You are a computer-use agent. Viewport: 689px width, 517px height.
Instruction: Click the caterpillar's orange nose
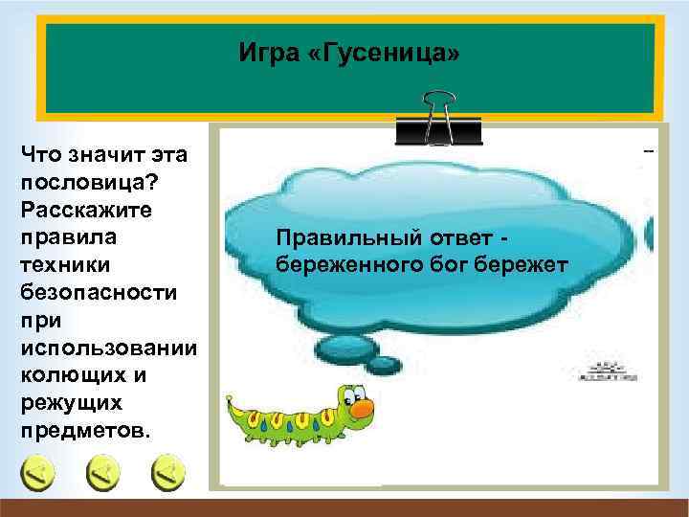[362, 410]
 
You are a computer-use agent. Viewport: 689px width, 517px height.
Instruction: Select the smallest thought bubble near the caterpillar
[383, 364]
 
